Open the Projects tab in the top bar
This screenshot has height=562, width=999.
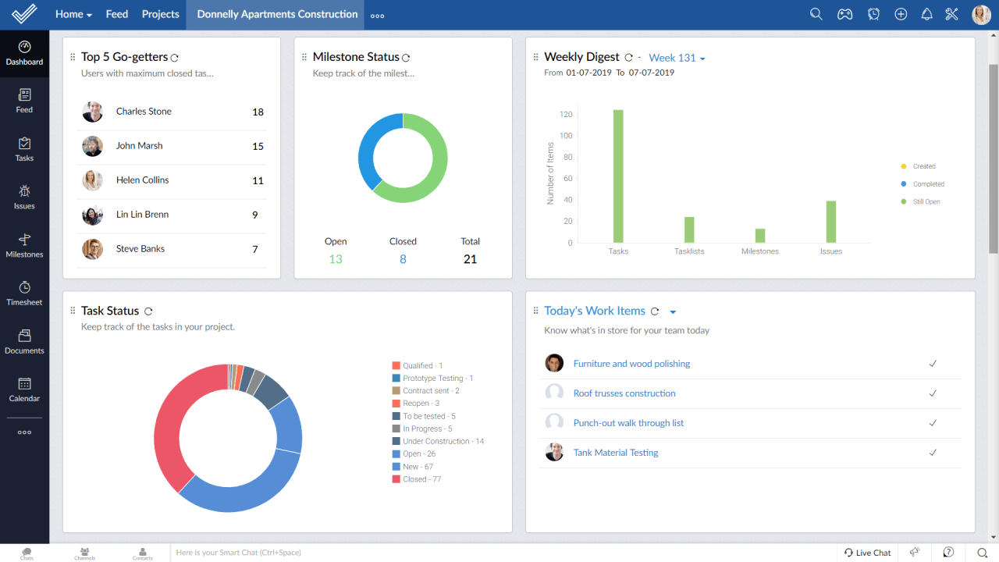point(160,14)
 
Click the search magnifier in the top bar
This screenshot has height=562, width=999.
point(816,14)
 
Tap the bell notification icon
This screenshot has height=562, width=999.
point(926,14)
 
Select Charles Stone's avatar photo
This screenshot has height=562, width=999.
point(92,112)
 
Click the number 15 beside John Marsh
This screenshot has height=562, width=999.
point(258,146)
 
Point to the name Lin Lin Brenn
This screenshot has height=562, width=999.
point(142,215)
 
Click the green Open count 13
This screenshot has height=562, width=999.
point(336,259)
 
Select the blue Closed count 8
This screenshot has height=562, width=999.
point(403,259)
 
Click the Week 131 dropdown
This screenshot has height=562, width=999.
point(677,58)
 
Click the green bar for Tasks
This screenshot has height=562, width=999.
point(618,176)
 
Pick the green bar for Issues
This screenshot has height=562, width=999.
point(831,222)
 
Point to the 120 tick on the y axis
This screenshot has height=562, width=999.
point(566,115)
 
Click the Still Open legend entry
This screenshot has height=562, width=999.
point(926,202)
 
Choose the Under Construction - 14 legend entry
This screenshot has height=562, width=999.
point(443,442)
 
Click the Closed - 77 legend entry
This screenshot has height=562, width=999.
point(421,479)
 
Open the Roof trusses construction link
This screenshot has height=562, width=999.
point(624,393)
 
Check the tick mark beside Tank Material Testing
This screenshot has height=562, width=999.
point(933,453)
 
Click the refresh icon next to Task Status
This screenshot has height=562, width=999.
point(148,311)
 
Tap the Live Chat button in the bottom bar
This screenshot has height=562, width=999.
point(867,553)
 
